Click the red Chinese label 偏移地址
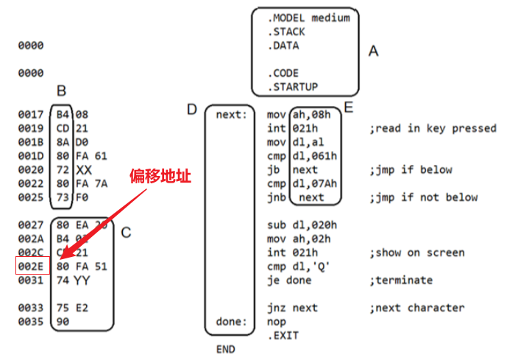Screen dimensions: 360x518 point(161,177)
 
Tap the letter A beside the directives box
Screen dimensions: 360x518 point(373,52)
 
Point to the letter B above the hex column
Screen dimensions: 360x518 point(62,91)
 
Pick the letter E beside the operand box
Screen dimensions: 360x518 point(349,108)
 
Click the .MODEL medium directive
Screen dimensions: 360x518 point(308,17)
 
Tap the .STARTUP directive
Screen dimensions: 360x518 point(292,87)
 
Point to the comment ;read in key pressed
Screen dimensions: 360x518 point(433,128)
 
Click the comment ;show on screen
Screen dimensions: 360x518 point(417,253)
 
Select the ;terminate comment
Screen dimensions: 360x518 point(400,280)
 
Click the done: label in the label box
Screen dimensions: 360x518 point(230,321)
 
